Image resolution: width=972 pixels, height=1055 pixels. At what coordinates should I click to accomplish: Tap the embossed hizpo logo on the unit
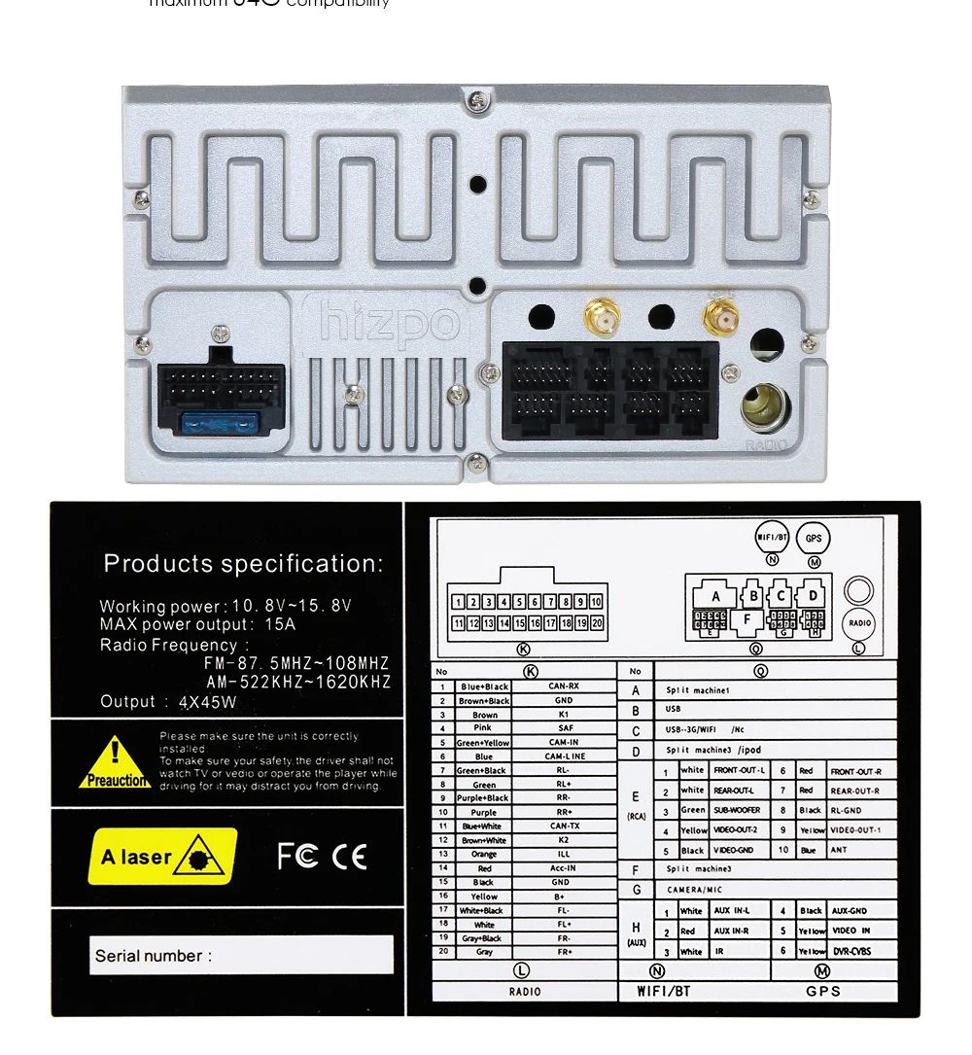(x=389, y=322)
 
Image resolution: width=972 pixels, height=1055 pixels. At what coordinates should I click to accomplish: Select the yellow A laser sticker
(x=162, y=856)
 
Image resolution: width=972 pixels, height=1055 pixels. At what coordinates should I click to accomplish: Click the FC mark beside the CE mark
(x=297, y=856)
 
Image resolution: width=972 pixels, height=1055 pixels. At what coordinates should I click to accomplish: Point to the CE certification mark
(x=349, y=856)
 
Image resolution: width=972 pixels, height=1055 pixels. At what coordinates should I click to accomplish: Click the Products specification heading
(x=243, y=563)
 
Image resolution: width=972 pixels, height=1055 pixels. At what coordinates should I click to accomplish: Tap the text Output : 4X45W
(x=168, y=702)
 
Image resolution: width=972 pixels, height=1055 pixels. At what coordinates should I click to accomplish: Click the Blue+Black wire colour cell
(x=484, y=686)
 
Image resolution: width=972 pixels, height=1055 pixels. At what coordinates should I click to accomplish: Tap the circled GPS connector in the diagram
(x=813, y=538)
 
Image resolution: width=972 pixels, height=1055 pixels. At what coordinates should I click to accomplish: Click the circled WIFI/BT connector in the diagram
(x=772, y=537)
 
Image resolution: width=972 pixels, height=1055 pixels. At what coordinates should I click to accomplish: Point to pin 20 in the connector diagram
(x=596, y=623)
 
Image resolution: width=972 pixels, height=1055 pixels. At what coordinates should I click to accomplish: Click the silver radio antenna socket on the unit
(x=766, y=406)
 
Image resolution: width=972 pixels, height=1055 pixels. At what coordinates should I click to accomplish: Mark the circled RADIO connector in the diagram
(x=858, y=622)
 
